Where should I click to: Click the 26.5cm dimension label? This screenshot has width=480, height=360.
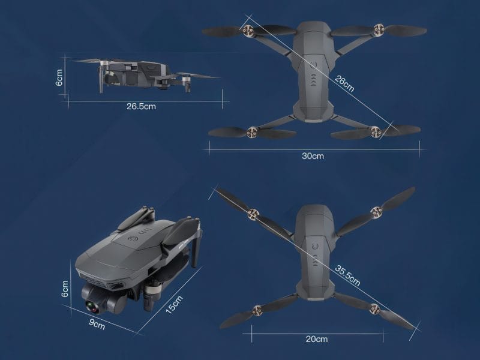click(x=141, y=107)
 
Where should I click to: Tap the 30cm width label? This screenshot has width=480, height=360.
click(x=313, y=156)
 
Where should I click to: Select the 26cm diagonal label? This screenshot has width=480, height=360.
click(x=344, y=83)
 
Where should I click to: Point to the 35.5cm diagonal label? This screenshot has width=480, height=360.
click(x=347, y=273)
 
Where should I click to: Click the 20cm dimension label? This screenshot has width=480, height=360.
click(x=316, y=339)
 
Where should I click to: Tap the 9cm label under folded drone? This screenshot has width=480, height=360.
click(x=97, y=326)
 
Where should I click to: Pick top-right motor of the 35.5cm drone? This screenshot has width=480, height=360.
click(x=376, y=211)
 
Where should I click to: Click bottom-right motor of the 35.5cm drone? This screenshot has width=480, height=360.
click(x=374, y=310)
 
